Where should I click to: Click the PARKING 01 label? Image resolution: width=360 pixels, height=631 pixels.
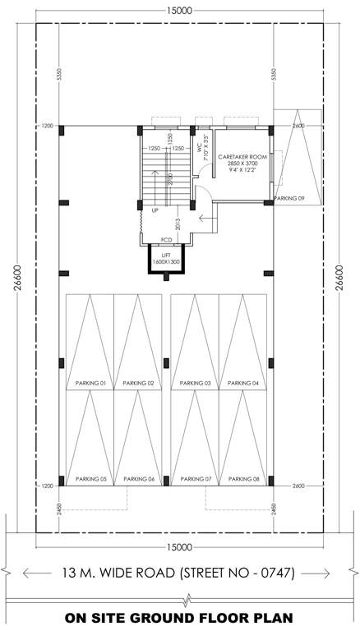[x=91, y=384]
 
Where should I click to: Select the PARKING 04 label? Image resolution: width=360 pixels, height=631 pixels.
[x=244, y=384]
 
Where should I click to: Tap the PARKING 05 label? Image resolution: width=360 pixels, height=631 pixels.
[x=91, y=478]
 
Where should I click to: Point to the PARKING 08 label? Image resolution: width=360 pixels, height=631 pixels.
[x=244, y=478]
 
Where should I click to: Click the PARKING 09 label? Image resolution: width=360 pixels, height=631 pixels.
[x=289, y=198]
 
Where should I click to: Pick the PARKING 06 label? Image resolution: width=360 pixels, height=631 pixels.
[x=139, y=478]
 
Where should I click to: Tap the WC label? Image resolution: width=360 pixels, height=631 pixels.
[x=199, y=148]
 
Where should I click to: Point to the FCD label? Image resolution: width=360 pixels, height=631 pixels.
[x=167, y=240]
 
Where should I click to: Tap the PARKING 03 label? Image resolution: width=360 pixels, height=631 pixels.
[x=196, y=384]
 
